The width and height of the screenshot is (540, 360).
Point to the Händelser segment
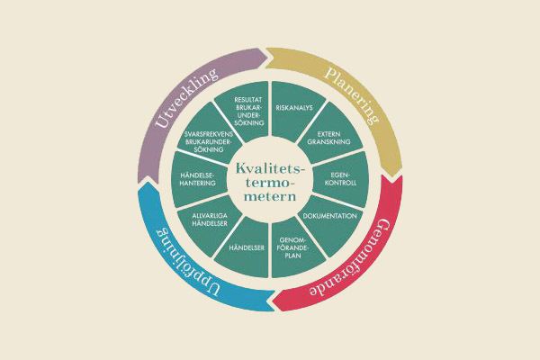coord(247,247)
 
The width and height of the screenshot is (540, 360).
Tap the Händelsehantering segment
coord(198,181)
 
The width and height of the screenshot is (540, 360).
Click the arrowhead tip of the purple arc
coord(269,56)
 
